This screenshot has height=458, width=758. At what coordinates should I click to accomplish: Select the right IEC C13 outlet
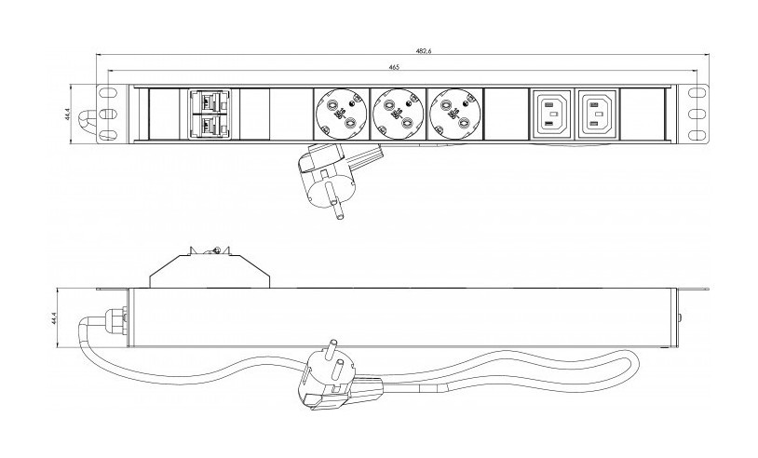[597, 114]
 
